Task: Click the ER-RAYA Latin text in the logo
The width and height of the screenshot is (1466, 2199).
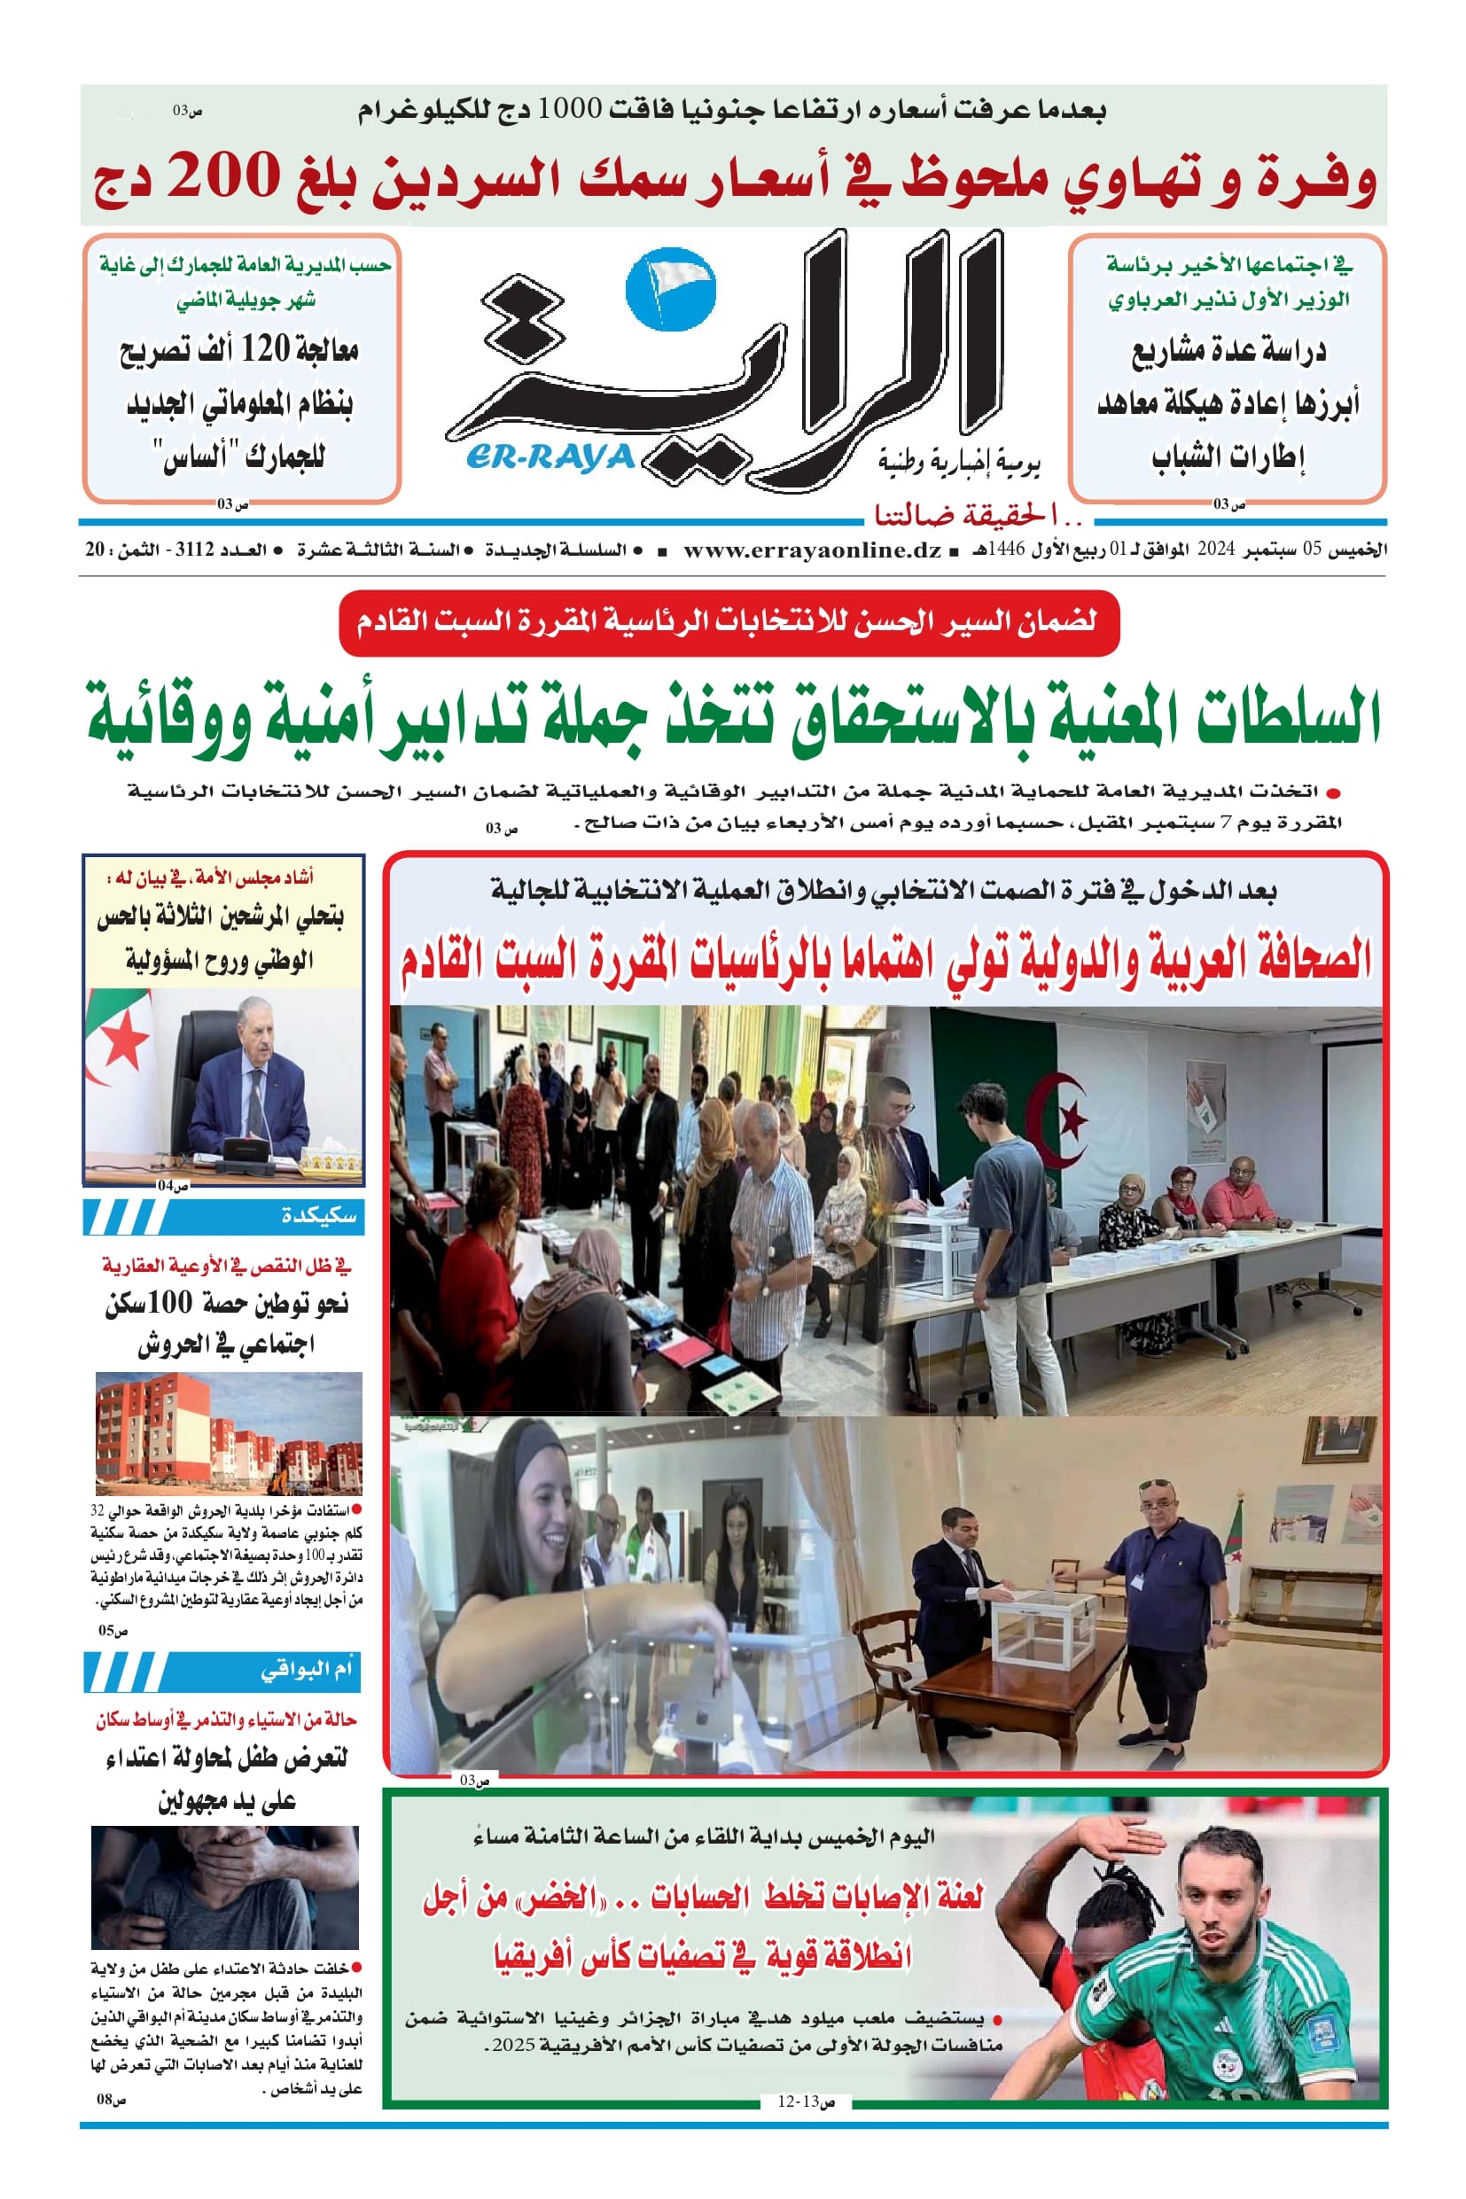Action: coord(549,457)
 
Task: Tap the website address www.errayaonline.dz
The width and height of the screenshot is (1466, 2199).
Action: coord(812,550)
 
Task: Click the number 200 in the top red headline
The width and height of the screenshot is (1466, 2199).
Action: coord(223,176)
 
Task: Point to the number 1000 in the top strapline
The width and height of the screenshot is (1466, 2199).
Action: coord(575,110)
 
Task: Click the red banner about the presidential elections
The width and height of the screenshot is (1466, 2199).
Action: coord(729,621)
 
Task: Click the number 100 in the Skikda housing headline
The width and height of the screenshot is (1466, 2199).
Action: coord(169,1302)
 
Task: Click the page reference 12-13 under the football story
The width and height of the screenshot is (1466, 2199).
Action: coord(797,2102)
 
